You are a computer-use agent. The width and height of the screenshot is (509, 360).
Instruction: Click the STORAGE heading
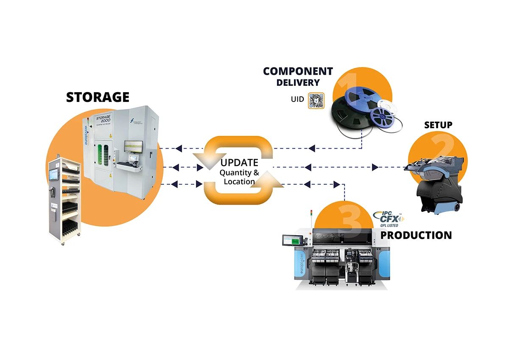pyautogui.click(x=98, y=97)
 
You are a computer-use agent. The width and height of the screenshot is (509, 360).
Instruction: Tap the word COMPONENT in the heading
pyautogui.click(x=298, y=71)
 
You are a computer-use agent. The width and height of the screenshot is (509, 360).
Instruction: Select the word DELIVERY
pyautogui.click(x=298, y=82)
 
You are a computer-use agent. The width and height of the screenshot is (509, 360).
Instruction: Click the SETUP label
pyautogui.click(x=438, y=125)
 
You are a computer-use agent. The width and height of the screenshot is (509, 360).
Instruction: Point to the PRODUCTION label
pyautogui.click(x=416, y=235)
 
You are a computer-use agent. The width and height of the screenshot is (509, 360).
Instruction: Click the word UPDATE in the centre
pyautogui.click(x=239, y=162)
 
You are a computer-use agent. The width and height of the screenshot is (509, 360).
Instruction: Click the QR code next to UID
pyautogui.click(x=316, y=101)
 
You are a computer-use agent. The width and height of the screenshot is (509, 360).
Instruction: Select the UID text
pyautogui.click(x=297, y=99)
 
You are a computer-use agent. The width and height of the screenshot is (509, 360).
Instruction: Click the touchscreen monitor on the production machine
pyautogui.click(x=293, y=241)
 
